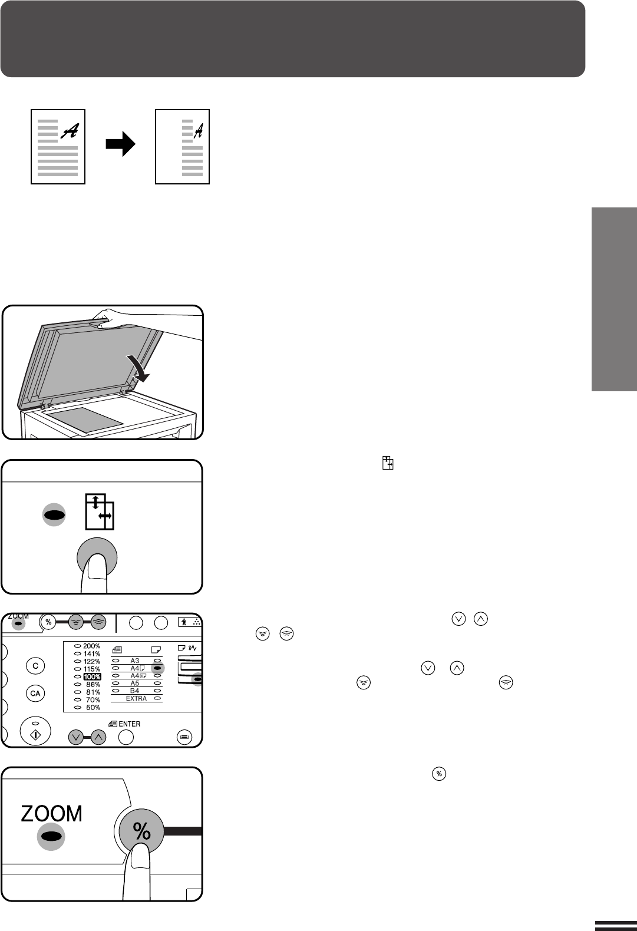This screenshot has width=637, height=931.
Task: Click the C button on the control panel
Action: tap(35, 666)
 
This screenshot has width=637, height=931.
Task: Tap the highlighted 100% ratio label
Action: tap(93, 676)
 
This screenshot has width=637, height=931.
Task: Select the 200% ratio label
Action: tap(92, 646)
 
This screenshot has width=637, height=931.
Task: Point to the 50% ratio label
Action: tap(93, 708)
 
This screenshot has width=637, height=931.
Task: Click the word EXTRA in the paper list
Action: tap(136, 698)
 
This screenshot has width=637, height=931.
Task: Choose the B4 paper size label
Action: tap(134, 691)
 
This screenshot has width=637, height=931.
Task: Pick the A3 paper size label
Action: tap(134, 661)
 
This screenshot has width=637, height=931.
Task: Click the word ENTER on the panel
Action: tap(129, 724)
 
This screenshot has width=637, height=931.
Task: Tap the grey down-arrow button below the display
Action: tap(75, 738)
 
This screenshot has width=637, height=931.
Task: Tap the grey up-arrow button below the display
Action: tap(98, 738)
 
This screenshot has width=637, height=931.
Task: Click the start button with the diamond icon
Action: tap(35, 731)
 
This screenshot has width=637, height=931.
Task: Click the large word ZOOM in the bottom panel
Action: tap(51, 814)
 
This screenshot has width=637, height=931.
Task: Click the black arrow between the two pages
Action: tap(120, 144)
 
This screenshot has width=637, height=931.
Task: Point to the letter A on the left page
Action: tap(70, 131)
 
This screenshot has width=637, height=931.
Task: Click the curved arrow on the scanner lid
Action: tap(138, 368)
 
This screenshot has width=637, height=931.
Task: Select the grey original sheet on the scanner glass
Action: tap(85, 421)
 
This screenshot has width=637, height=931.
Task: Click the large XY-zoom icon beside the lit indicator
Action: tap(100, 511)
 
